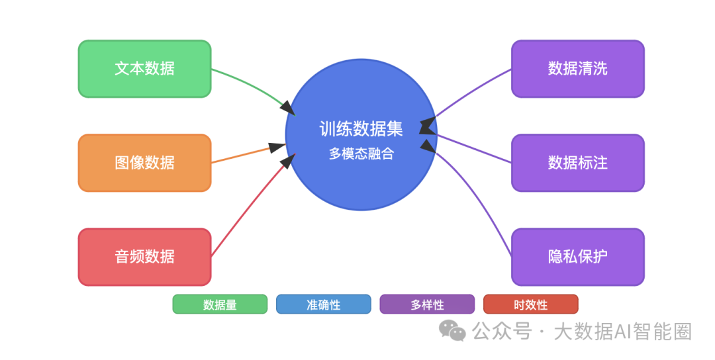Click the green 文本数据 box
pos(144,69)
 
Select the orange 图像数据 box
pos(144,163)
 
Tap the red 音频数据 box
pos(144,257)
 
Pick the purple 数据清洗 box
pos(577,69)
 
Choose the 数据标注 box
pos(577,163)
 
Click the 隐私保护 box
pos(577,257)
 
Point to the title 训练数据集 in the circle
pos(361,128)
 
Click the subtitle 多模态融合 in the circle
pos(361,154)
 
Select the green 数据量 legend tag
pos(220,304)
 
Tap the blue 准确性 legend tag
pos(323,304)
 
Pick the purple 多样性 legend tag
pos(427,304)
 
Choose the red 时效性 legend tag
pos(530,304)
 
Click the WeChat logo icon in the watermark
pos(453,330)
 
